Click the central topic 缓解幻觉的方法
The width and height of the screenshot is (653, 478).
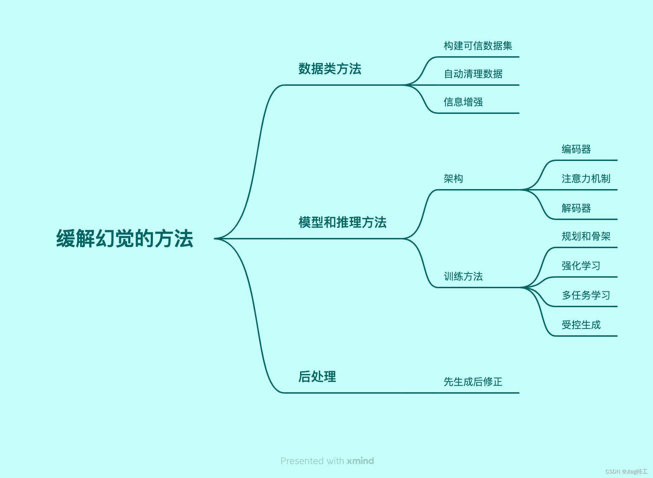tap(125, 239)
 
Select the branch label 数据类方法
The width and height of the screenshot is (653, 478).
tap(330, 69)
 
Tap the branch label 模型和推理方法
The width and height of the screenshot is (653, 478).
tap(342, 222)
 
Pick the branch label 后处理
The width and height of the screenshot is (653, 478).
tap(317, 376)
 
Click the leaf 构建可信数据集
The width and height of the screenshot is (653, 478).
tap(478, 46)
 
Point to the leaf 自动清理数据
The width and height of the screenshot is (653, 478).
tap(473, 74)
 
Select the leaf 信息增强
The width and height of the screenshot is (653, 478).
tap(463, 102)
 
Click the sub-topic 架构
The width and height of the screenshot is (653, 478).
tap(453, 179)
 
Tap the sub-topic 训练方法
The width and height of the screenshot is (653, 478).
tap(463, 276)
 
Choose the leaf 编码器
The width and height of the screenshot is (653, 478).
tap(576, 149)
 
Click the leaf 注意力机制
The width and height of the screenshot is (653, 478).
tap(586, 179)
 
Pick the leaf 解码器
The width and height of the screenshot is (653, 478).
tap(576, 208)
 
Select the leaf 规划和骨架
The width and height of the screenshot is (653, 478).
tap(586, 236)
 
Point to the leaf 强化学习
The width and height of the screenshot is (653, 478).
tap(581, 266)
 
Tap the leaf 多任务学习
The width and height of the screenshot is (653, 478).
tap(586, 295)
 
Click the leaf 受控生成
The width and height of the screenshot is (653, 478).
tap(581, 325)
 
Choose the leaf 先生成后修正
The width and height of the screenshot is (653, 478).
tap(473, 382)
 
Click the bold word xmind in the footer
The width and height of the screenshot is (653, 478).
tap(360, 461)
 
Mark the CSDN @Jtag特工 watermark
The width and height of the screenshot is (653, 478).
tap(626, 472)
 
